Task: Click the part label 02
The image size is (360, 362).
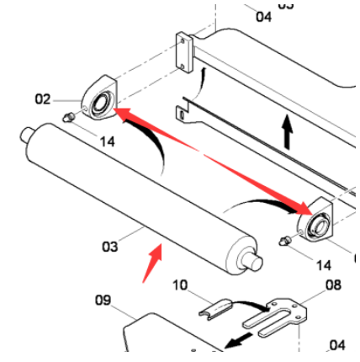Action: tap(43, 99)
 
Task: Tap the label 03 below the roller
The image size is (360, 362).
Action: tap(110, 247)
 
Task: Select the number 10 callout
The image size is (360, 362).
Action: tap(180, 285)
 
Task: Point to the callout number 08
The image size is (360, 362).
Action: tap(333, 285)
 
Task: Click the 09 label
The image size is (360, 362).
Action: tap(103, 301)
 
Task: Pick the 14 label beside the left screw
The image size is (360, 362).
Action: tap(108, 141)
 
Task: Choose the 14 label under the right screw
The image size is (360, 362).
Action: tap(324, 265)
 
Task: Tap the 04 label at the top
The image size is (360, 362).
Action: tap(263, 17)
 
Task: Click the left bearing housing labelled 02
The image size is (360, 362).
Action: tap(99, 98)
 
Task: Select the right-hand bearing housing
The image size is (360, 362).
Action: tap(315, 221)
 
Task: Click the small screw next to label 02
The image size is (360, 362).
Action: tap(68, 117)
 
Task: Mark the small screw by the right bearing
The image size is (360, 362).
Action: tap(285, 241)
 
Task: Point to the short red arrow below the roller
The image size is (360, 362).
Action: tap(152, 264)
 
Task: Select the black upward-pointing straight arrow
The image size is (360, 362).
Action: tap(287, 131)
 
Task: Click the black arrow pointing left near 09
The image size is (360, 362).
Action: tap(239, 340)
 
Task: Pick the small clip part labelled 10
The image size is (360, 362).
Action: tap(215, 309)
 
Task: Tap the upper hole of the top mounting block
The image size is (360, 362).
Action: tap(183, 41)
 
